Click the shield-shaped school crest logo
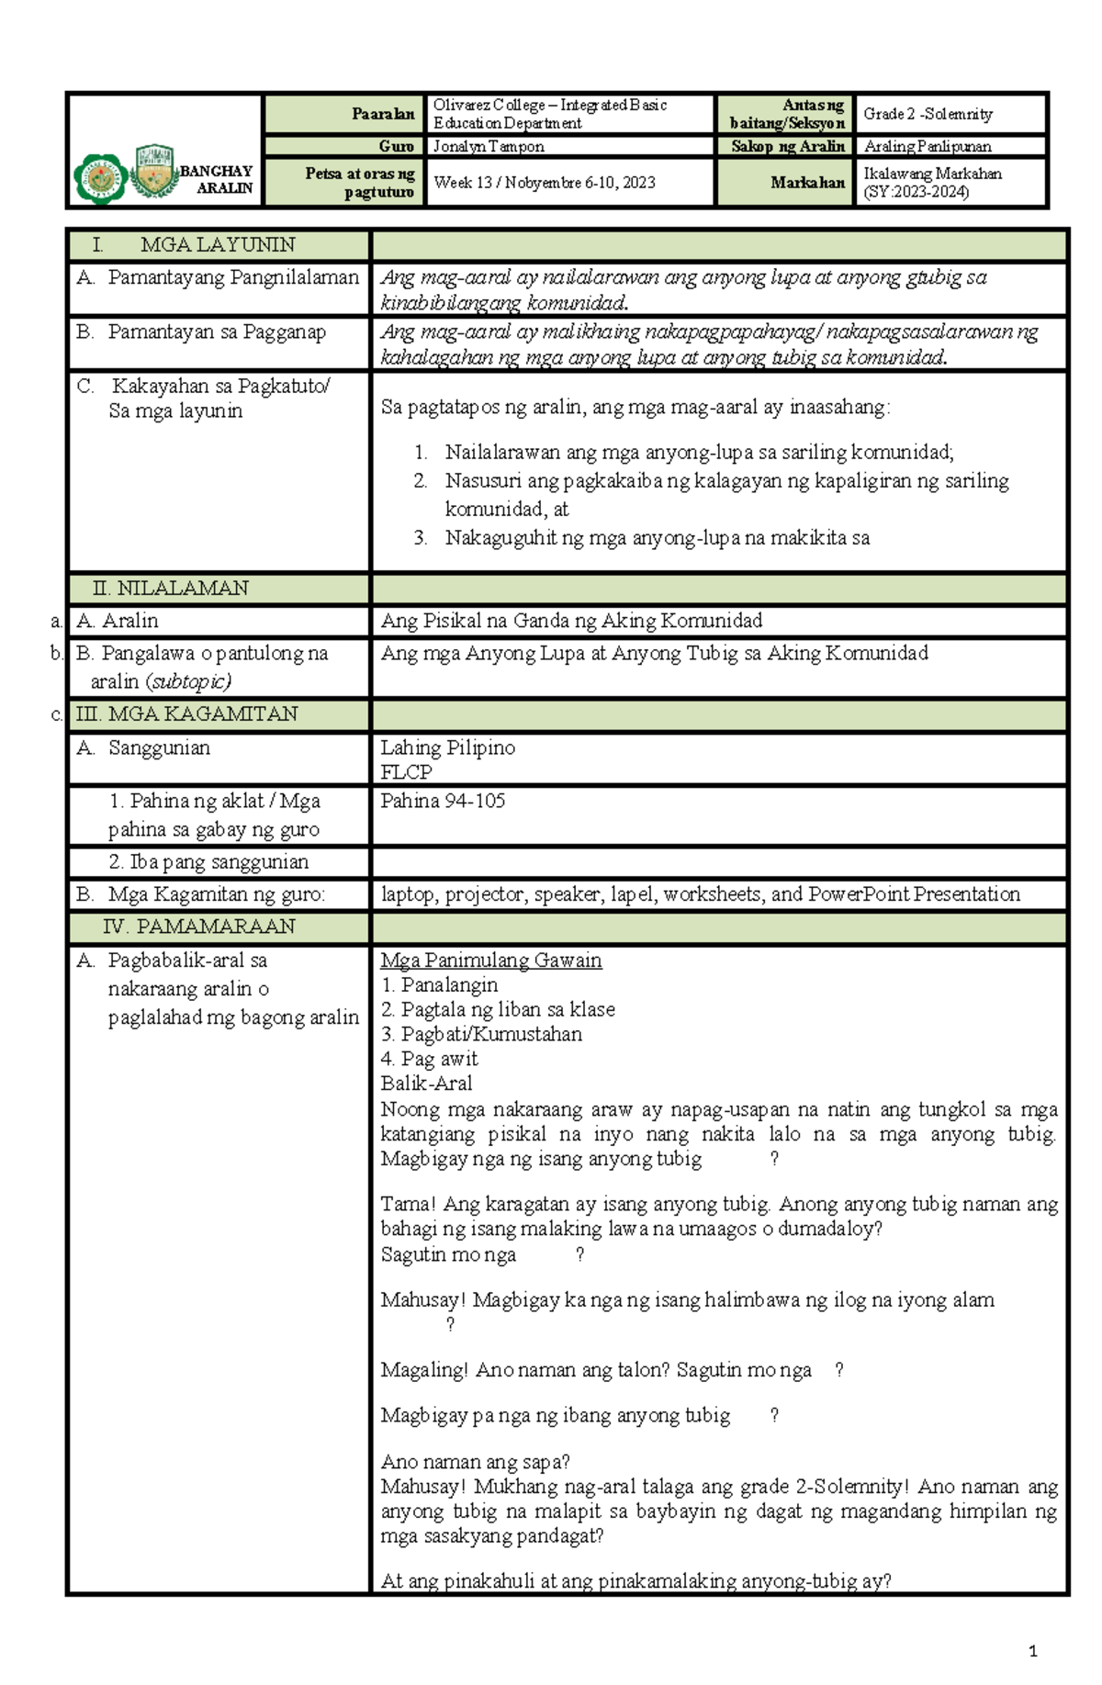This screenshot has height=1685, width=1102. tap(154, 172)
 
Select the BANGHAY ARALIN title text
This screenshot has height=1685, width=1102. tap(217, 179)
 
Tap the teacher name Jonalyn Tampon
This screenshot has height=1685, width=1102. tap(489, 146)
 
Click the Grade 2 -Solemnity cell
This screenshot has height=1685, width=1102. tap(928, 114)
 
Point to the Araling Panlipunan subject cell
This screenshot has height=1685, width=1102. tap(928, 146)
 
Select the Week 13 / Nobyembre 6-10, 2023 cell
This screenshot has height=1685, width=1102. tap(545, 182)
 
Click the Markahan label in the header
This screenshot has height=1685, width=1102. tap(807, 182)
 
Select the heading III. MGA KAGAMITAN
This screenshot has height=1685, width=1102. tap(186, 713)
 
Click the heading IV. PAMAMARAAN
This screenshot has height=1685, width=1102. tap(199, 926)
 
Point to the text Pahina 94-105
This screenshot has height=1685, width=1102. tap(443, 801)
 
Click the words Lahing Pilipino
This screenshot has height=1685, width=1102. tap(447, 747)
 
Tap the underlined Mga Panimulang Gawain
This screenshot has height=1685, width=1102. tap(491, 960)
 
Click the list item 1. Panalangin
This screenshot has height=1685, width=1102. tap(440, 984)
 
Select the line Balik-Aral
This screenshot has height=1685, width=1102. tap(426, 1083)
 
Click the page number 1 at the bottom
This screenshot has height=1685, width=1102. tap(1033, 1651)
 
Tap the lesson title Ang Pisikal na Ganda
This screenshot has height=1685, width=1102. tap(571, 621)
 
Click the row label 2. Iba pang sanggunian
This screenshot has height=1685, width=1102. tap(208, 861)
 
